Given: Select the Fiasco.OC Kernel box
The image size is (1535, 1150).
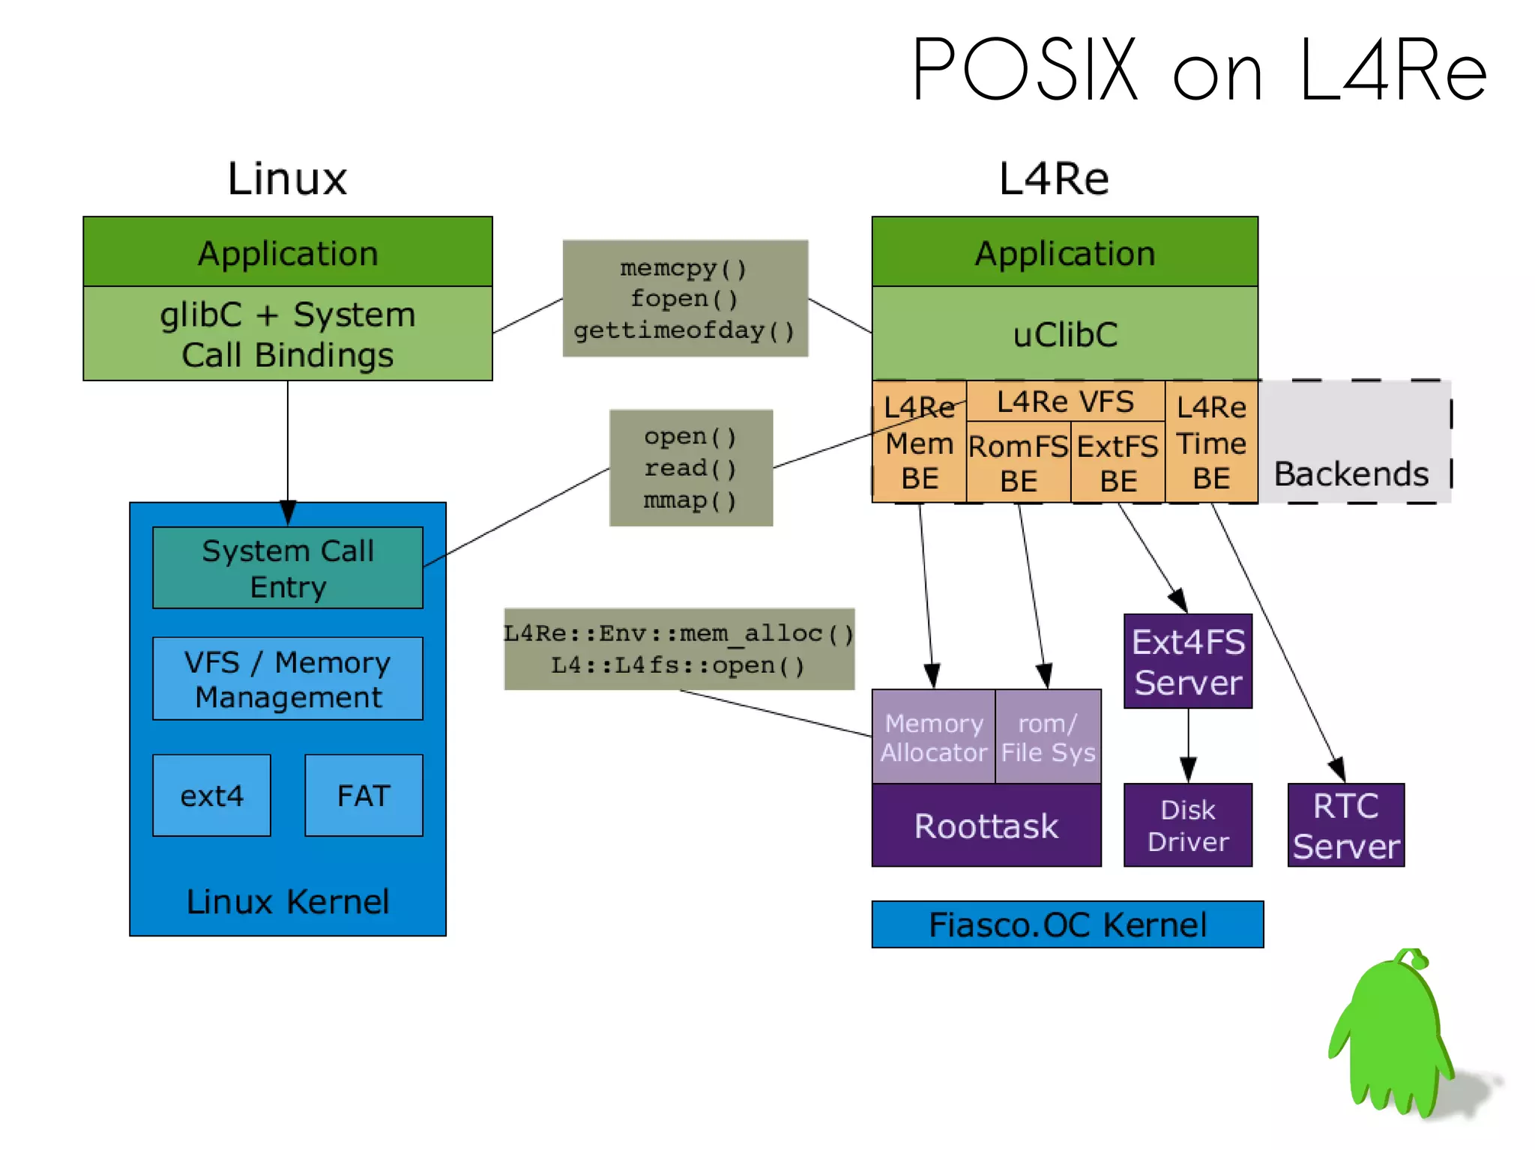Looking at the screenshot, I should pyautogui.click(x=1067, y=924).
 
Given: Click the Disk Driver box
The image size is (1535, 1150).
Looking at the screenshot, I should pyautogui.click(x=1188, y=826).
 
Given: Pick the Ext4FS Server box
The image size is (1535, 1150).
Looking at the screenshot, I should pyautogui.click(x=1188, y=662).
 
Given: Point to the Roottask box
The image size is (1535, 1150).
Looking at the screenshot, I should pyautogui.click(x=986, y=826).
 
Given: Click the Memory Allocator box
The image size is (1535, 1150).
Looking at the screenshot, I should pyautogui.click(x=933, y=737).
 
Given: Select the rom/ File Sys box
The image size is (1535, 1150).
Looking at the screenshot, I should pyautogui.click(x=1048, y=737).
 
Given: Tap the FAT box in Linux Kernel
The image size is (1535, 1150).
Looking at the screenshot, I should pyautogui.click(x=364, y=796).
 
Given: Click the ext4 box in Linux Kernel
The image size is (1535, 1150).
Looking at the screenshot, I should pyautogui.click(x=211, y=796).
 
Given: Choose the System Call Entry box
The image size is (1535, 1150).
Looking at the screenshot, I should pyautogui.click(x=288, y=568).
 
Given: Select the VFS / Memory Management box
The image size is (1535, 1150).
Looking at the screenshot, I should pyautogui.click(x=288, y=679).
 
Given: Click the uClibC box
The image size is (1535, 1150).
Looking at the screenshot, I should pyautogui.click(x=1064, y=334).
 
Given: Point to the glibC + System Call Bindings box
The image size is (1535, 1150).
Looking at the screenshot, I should pyautogui.click(x=288, y=334).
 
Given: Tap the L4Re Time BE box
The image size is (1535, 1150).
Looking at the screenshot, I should pyautogui.click(x=1211, y=444).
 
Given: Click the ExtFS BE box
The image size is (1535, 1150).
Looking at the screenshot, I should pyautogui.click(x=1118, y=462).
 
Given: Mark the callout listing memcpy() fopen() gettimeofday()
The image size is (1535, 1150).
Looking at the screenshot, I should pyautogui.click(x=685, y=299).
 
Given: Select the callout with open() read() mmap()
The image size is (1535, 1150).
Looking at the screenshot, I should pyautogui.click(x=690, y=468).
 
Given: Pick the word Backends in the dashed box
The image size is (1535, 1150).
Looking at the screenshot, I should pyautogui.click(x=1351, y=474).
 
